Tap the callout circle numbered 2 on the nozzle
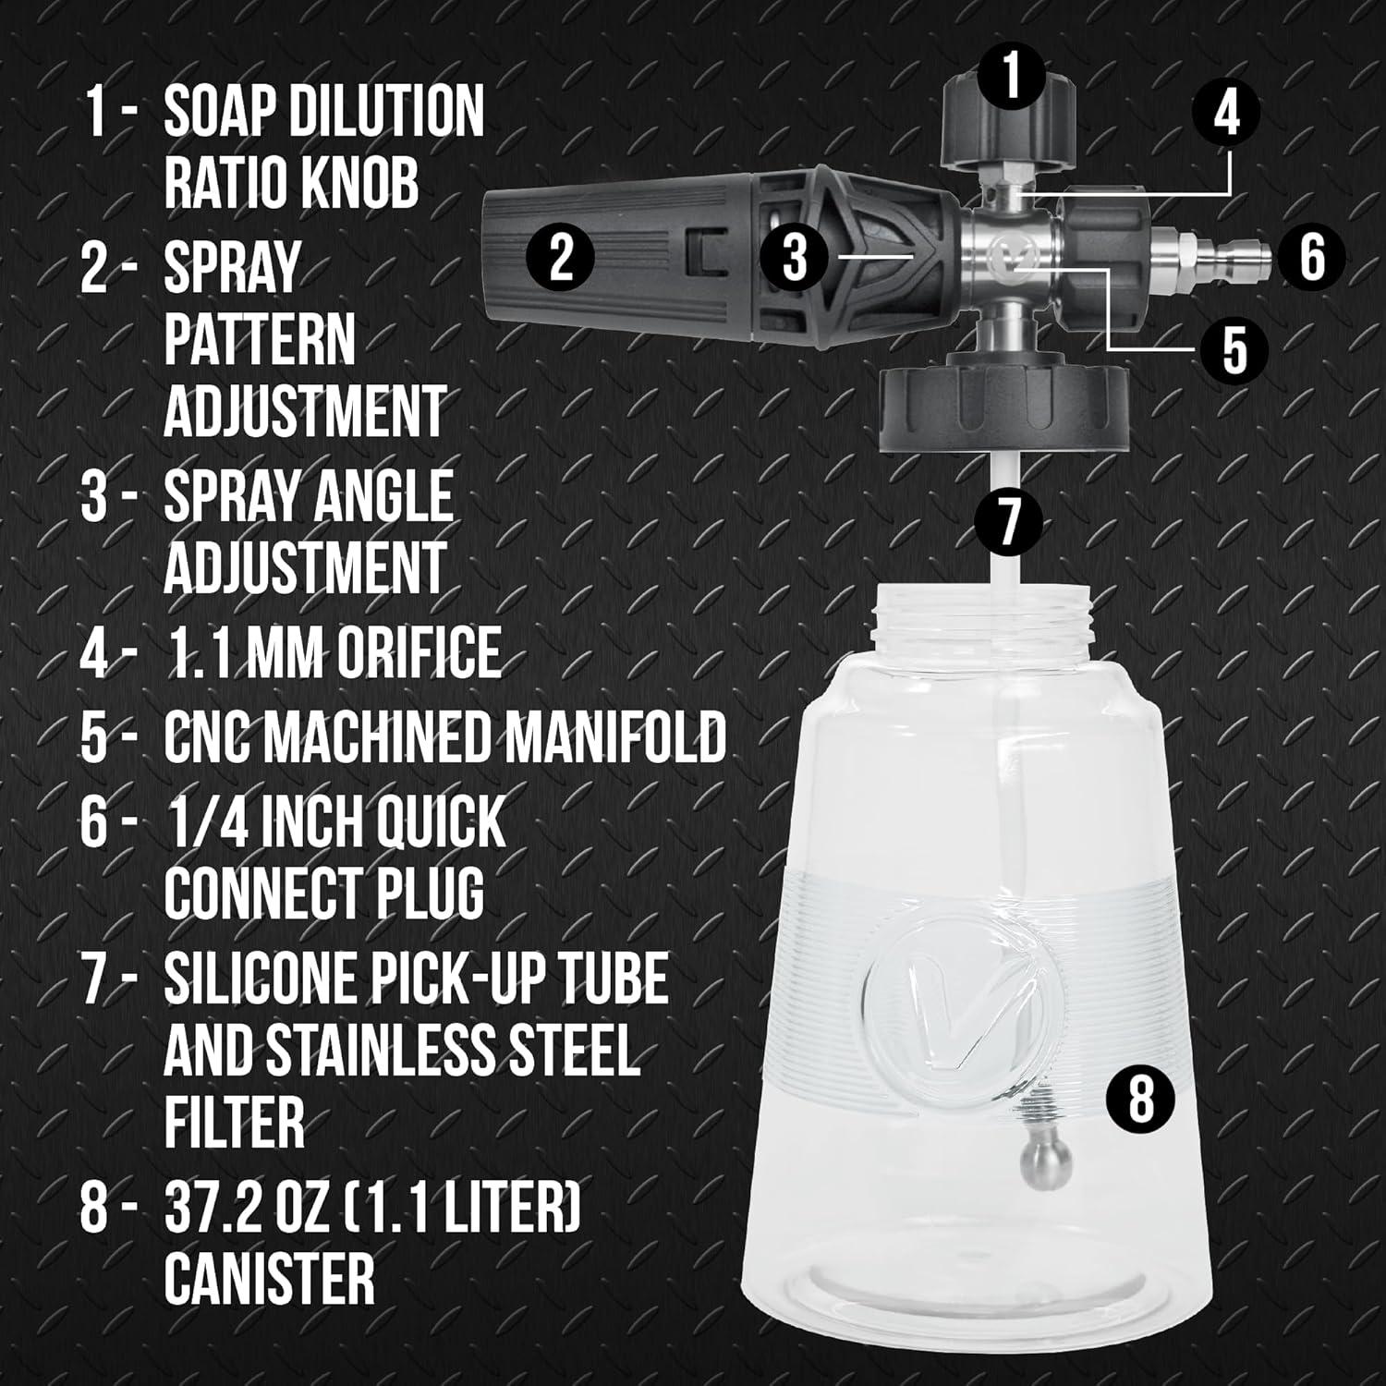pyautogui.click(x=561, y=256)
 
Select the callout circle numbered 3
pyautogui.click(x=796, y=256)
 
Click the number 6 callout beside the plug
pyautogui.click(x=1313, y=256)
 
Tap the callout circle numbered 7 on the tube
pyautogui.click(x=1009, y=519)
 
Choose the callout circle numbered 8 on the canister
pyautogui.click(x=1142, y=1099)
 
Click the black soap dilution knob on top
pyautogui.click(x=1009, y=129)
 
